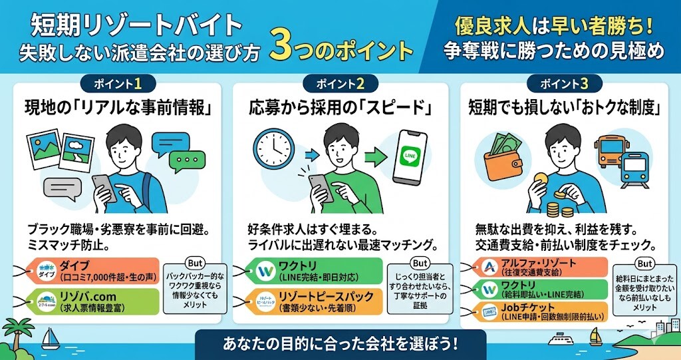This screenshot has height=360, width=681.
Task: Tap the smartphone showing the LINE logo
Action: (x=410, y=158)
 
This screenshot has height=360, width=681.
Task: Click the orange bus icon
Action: (x=611, y=149)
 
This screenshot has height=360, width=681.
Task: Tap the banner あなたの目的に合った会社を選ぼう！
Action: (x=340, y=346)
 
